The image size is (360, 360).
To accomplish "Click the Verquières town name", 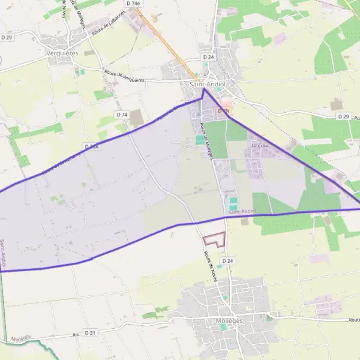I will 62,52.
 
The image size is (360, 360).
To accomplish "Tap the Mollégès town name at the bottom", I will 227,321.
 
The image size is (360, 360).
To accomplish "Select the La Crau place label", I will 259,145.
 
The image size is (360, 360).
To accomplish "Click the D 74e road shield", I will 133,4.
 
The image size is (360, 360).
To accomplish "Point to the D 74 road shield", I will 122,115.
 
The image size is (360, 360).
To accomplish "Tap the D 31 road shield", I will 90,332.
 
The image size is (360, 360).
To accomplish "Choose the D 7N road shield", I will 224,111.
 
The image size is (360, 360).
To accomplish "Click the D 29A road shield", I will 92,146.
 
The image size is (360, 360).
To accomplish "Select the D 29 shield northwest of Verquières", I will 7,38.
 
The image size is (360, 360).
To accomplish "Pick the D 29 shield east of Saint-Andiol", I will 343,116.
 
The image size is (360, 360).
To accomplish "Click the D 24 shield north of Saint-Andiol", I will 208,57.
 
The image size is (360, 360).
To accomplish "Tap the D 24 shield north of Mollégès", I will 227,261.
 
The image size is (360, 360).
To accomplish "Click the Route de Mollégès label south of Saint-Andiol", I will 207,140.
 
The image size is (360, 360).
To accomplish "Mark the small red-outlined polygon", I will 214,239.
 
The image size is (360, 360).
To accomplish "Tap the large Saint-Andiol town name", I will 206,85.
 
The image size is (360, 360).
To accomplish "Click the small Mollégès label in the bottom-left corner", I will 20,338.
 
